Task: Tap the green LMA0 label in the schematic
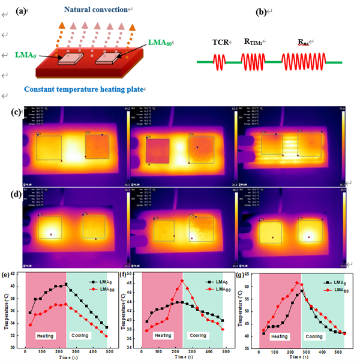click(27, 55)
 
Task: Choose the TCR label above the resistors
click(221, 43)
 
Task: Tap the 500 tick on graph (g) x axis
click(325, 351)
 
